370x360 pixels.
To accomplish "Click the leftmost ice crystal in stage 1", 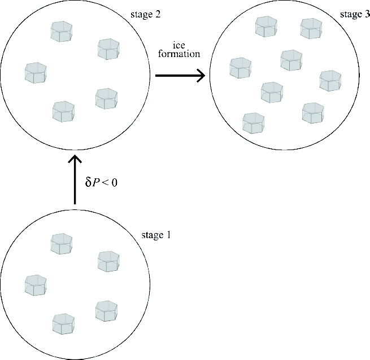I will click(36, 284).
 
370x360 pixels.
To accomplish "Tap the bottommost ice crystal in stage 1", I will click(64, 324).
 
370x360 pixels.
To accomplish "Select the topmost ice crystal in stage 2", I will click(62, 31).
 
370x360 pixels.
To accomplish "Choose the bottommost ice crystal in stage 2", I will click(64, 111).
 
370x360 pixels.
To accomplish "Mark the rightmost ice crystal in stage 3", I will click(330, 80).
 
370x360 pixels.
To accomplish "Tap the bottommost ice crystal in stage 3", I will click(253, 122).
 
